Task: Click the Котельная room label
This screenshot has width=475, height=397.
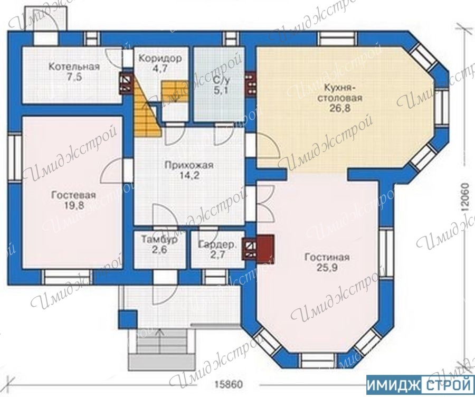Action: pos(74,67)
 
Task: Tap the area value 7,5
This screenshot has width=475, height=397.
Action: pos(74,77)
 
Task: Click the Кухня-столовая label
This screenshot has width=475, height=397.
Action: pos(343,93)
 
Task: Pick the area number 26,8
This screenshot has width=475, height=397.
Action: pos(340,108)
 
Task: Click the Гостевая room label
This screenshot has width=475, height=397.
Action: pos(73,195)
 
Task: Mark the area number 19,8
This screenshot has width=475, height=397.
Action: pos(74,205)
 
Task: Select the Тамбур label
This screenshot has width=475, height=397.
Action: pos(159,239)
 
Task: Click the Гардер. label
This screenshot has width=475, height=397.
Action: pos(217,244)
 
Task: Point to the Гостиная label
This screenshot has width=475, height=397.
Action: pos(327,257)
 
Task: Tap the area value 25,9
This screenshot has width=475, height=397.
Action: pos(327,268)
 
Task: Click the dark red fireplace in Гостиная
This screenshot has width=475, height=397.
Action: pos(265,248)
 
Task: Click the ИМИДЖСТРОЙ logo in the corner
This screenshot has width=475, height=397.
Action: pos(420,385)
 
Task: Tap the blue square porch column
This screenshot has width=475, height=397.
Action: pos(127,319)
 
